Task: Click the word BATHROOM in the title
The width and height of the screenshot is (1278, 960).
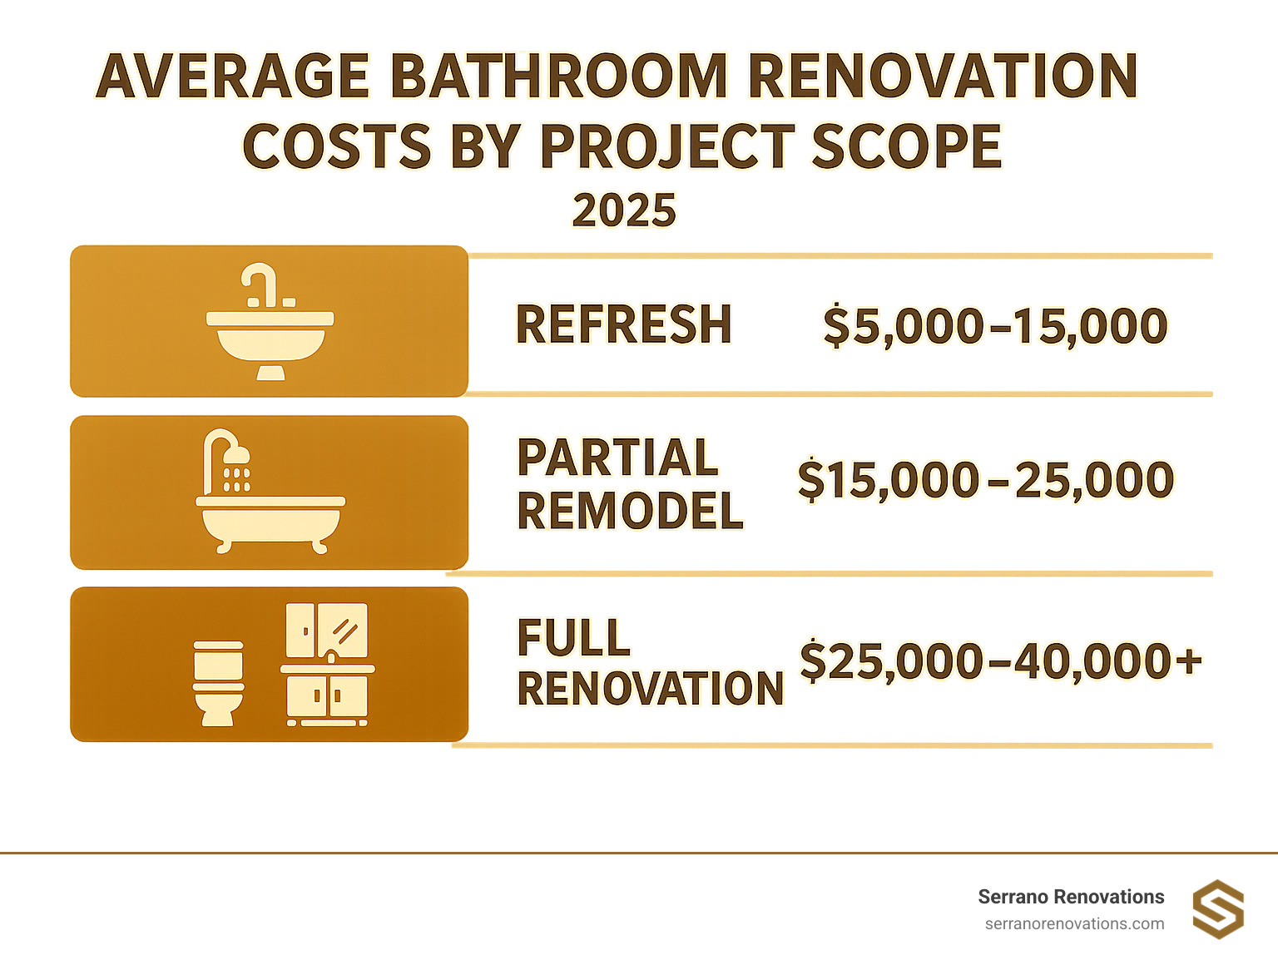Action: [x=557, y=77]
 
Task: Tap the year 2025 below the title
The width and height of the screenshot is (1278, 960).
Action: [x=624, y=210]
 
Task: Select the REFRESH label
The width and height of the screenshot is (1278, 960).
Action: [x=623, y=324]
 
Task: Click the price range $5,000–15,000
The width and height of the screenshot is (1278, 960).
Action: [x=995, y=325]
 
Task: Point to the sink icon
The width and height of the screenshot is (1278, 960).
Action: [x=270, y=324]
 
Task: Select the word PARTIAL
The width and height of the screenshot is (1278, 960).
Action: [x=617, y=458]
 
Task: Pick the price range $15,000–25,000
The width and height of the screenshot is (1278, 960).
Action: [x=985, y=480]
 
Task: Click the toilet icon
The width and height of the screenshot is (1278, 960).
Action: [x=218, y=683]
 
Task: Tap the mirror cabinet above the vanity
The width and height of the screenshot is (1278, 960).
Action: [x=327, y=631]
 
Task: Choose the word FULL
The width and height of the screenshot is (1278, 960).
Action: [x=573, y=638]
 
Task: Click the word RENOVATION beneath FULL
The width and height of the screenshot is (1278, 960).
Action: [x=651, y=689]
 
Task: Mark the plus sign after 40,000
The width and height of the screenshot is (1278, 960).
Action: [x=1189, y=661]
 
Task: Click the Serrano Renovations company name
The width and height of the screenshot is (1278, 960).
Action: [x=1071, y=897]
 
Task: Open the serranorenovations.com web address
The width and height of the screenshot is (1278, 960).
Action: [x=1074, y=923]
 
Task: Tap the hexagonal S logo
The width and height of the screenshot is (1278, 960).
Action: [x=1218, y=909]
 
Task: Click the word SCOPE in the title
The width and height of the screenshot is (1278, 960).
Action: [x=906, y=147]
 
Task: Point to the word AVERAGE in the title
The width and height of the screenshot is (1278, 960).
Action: [x=233, y=77]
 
